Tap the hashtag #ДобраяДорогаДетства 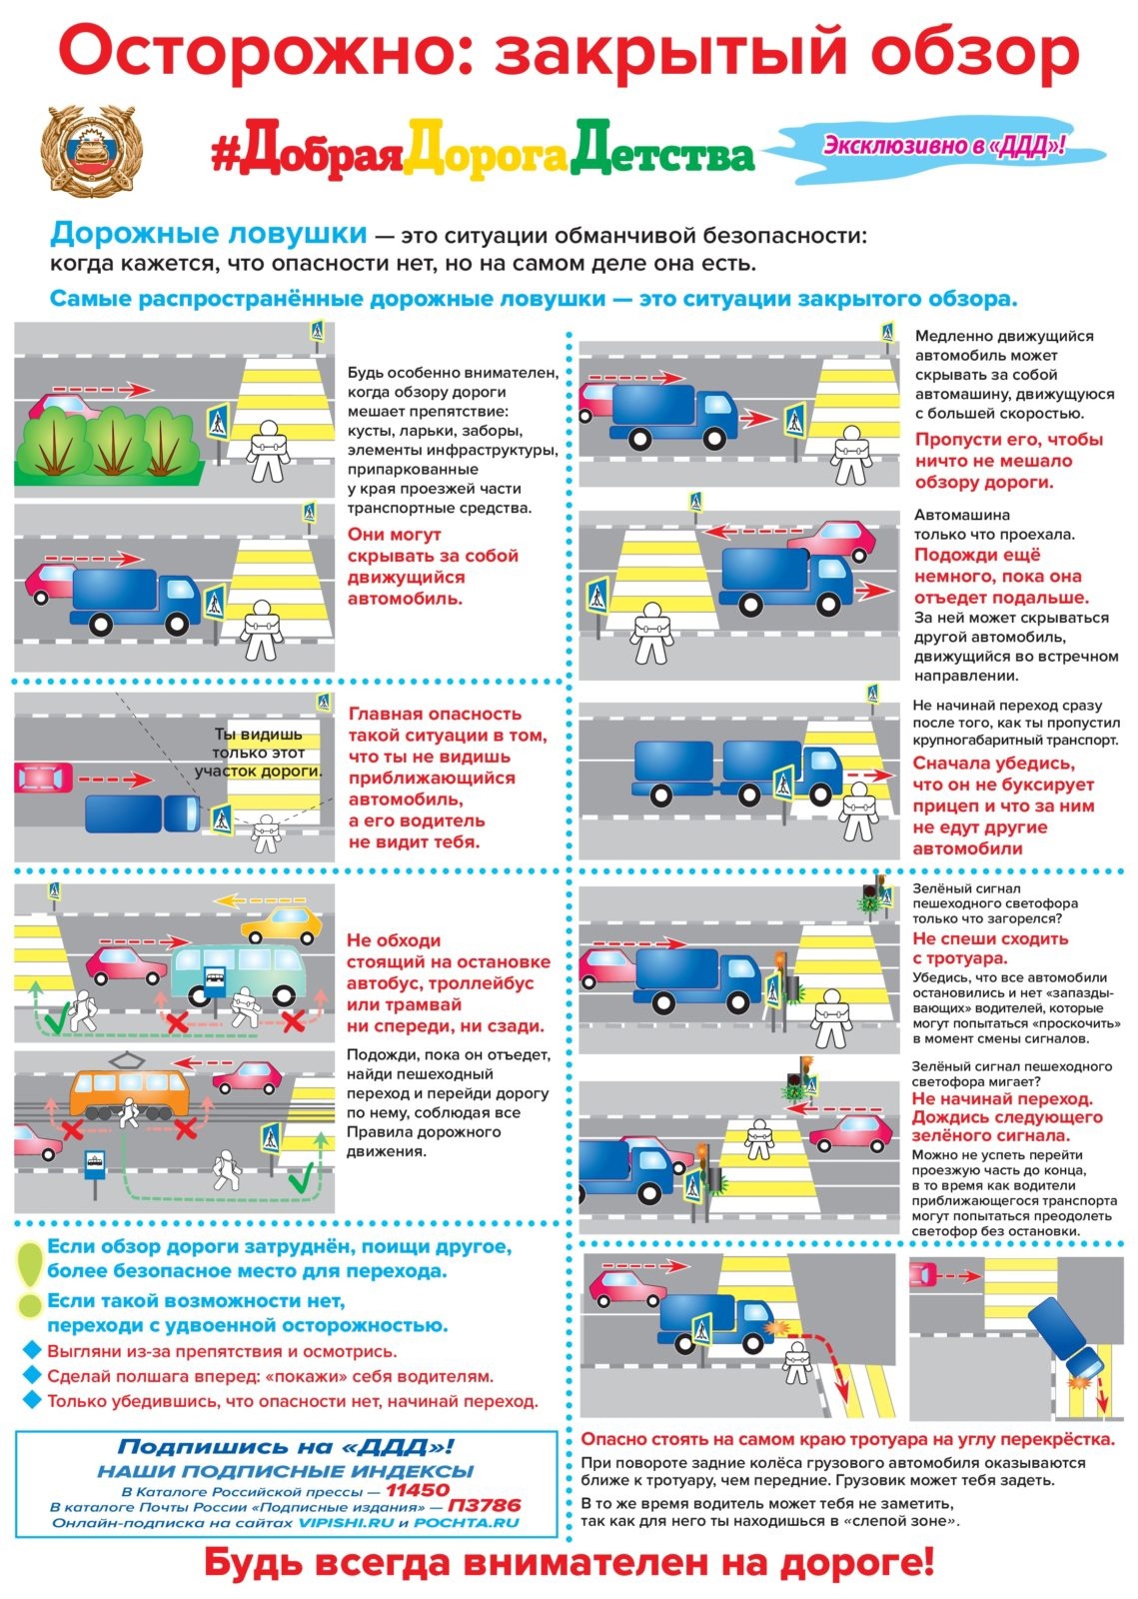tap(483, 153)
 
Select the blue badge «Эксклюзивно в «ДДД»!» tap(942, 146)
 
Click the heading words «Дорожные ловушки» tap(208, 234)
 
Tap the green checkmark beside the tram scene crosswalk tap(299, 1182)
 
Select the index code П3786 tap(483, 1506)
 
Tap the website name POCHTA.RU tap(467, 1522)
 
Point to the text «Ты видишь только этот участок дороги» tap(258, 753)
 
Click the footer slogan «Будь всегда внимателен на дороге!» tap(569, 1563)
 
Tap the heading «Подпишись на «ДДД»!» tap(286, 1446)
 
